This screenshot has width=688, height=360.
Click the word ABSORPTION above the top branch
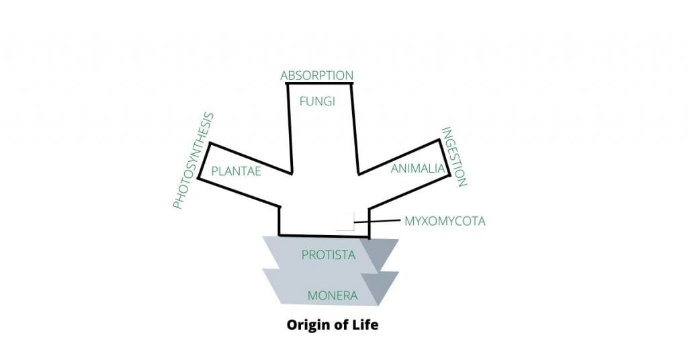click(316, 75)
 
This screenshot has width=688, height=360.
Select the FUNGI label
click(317, 101)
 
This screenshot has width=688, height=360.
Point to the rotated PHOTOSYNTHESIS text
click(193, 161)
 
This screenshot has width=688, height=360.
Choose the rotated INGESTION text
click(454, 156)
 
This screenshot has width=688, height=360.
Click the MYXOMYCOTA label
click(444, 220)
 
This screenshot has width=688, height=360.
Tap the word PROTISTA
click(328, 255)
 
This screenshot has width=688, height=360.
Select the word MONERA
click(332, 295)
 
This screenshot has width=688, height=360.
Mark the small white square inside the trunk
click(345, 221)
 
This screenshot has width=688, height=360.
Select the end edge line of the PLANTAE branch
click(204, 161)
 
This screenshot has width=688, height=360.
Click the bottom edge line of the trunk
click(324, 236)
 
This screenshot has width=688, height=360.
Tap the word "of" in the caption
click(339, 326)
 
